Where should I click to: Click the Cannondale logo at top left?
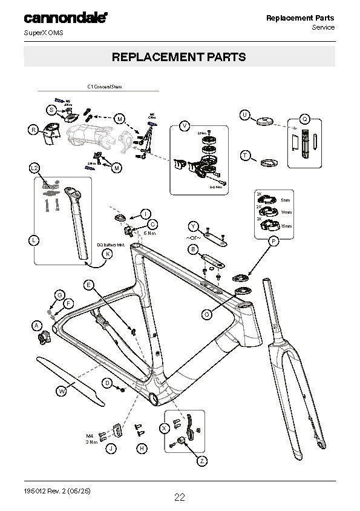pyautogui.click(x=66, y=18)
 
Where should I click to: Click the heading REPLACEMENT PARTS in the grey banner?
pyautogui.click(x=179, y=57)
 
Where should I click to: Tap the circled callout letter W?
pyautogui.click(x=61, y=392)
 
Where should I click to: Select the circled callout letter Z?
pyautogui.click(x=201, y=461)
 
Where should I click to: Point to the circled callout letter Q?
pyautogui.click(x=305, y=119)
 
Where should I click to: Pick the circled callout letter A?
pyautogui.click(x=36, y=326)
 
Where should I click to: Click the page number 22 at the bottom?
pyautogui.click(x=180, y=498)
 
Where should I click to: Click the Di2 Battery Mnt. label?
pyautogui.click(x=110, y=244)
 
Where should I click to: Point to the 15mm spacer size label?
pyautogui.click(x=286, y=226)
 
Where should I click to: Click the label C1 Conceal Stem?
pyautogui.click(x=105, y=87)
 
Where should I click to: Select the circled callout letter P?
pyautogui.click(x=273, y=241)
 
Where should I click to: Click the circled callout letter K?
pyautogui.click(x=106, y=254)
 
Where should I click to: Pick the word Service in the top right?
pyautogui.click(x=322, y=28)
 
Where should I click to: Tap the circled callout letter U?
pyautogui.click(x=244, y=114)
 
